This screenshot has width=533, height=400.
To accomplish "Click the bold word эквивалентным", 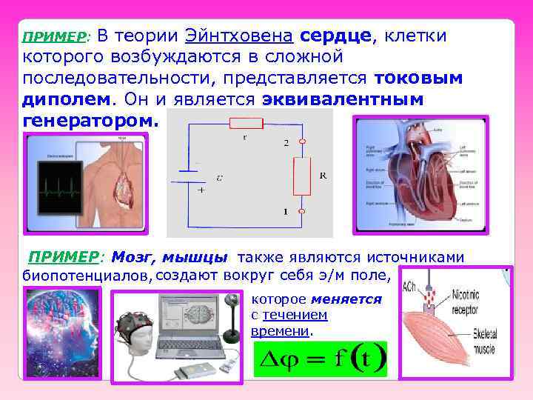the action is pyautogui.click(x=341, y=98).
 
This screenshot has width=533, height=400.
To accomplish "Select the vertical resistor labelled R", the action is pyautogui.click(x=303, y=176).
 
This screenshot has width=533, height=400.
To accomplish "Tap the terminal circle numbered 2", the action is pyautogui.click(x=303, y=141).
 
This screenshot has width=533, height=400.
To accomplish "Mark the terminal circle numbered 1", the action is pyautogui.click(x=303, y=211).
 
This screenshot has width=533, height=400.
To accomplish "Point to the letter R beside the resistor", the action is pyautogui.click(x=323, y=176).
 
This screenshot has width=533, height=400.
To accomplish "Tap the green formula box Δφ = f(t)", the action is pyautogui.click(x=320, y=361).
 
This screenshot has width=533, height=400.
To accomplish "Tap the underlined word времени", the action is pyautogui.click(x=281, y=330).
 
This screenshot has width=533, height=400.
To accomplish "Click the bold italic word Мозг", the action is pyautogui.click(x=129, y=257).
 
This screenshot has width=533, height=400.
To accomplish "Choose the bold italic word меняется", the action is pyautogui.click(x=346, y=299).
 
